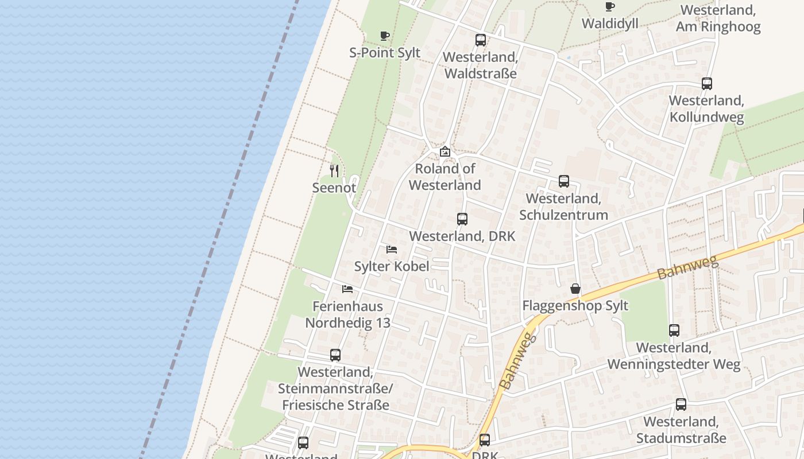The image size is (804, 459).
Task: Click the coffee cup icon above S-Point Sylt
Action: click(385, 36)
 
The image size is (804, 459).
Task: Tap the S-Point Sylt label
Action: click(385, 53)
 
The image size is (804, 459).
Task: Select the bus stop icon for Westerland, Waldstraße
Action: click(481, 40)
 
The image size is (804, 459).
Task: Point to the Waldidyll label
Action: click(610, 24)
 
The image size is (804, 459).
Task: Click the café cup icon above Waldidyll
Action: click(610, 7)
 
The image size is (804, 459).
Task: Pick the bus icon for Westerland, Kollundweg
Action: click(707, 84)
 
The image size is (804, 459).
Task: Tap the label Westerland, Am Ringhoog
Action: click(718, 18)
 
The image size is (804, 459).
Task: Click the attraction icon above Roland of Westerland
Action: click(445, 152)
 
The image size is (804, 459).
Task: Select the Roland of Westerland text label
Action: click(445, 177)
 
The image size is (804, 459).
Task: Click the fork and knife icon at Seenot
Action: click(334, 170)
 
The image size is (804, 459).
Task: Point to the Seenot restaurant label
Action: click(334, 188)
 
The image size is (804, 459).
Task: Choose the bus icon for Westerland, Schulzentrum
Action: click(564, 182)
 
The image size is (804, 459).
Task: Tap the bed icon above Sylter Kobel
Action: click(392, 250)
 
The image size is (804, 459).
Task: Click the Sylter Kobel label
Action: click(392, 266)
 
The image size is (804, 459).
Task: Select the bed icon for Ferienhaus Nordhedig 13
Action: click(347, 289)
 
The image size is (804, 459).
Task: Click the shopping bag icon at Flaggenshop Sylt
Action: click(575, 289)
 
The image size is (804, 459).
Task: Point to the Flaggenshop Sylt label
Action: click(575, 305)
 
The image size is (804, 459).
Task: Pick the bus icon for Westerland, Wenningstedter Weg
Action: click(674, 330)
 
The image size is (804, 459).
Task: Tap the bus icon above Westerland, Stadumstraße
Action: click(681, 404)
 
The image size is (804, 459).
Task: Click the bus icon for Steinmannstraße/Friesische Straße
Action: click(335, 355)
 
